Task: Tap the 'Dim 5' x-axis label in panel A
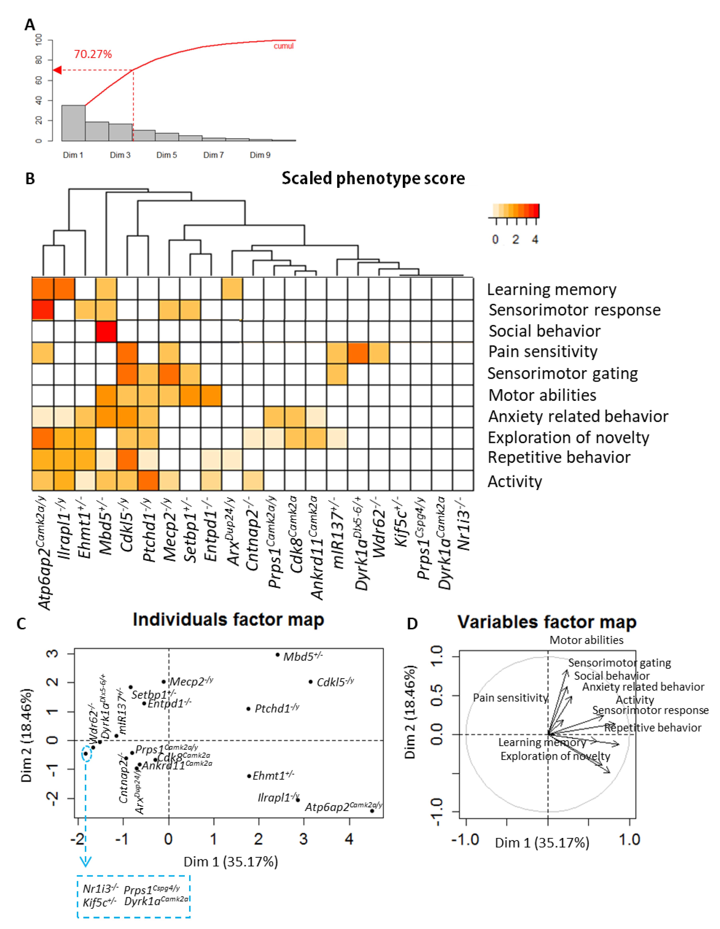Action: (166, 155)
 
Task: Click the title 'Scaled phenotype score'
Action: (373, 178)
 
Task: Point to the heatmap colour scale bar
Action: (515, 211)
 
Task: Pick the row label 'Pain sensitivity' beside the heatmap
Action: (543, 352)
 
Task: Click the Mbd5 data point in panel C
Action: (278, 655)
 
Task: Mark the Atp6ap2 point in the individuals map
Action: (372, 811)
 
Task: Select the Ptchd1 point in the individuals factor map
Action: (248, 709)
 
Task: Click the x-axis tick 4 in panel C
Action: (349, 839)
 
